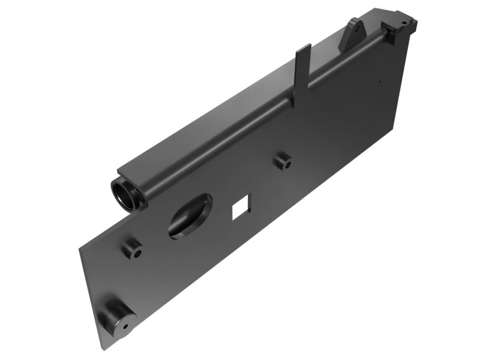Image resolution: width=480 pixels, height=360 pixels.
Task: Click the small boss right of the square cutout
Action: [282, 161]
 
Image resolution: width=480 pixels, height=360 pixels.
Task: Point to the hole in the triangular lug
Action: [356, 28]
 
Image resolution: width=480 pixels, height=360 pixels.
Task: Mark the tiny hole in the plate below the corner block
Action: [379, 83]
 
